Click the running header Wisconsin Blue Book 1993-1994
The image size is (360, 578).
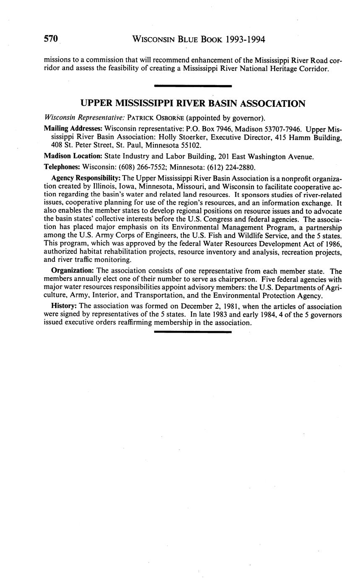199,40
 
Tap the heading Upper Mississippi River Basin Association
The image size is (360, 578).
193,103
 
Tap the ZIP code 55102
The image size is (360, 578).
192,146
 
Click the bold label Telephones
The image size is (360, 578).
62,166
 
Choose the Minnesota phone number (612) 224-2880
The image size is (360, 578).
231,166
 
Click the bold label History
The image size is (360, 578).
63,306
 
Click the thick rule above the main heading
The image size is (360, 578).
193,86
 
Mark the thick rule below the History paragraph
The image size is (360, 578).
193,332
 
